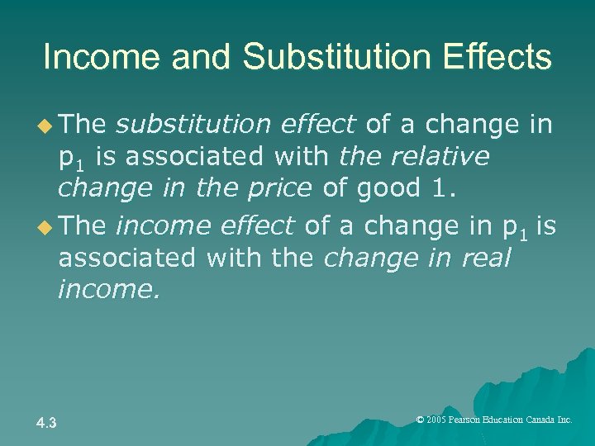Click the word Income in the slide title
pyautogui.click(x=97, y=57)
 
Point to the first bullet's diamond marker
pyautogui.click(x=45, y=126)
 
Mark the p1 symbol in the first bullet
pyautogui.click(x=69, y=158)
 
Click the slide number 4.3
pyautogui.click(x=46, y=423)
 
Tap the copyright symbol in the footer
pyautogui.click(x=420, y=420)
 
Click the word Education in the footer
pyautogui.click(x=506, y=420)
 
